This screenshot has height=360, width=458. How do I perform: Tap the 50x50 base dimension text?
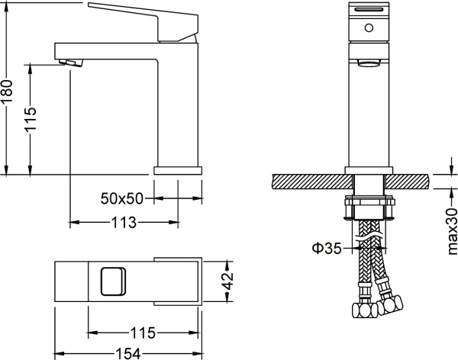click(122, 198)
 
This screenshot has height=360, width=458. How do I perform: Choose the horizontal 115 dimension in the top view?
click(144, 333)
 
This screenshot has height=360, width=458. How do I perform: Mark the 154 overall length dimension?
click(128, 352)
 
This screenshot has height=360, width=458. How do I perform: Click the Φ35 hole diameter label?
click(325, 247)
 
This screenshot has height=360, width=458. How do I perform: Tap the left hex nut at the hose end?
click(358, 312)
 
